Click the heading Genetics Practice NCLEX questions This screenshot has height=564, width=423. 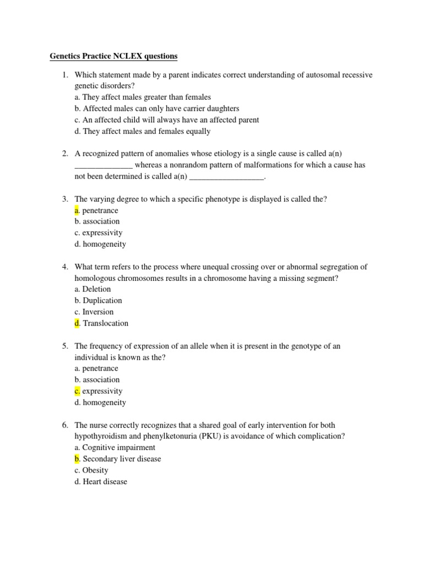coord(114,56)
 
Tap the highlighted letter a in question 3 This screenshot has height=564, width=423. coord(77,210)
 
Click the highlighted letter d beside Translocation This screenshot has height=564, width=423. coord(77,323)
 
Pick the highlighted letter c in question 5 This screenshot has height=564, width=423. coord(77,391)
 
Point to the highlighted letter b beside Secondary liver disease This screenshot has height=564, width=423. coord(77,459)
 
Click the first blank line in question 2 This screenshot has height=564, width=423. coord(104,165)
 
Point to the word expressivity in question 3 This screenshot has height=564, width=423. coord(102,233)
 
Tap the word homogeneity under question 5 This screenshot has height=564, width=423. coord(104,403)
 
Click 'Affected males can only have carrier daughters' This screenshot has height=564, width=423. coord(157,109)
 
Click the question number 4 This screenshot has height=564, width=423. coord(64,267)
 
